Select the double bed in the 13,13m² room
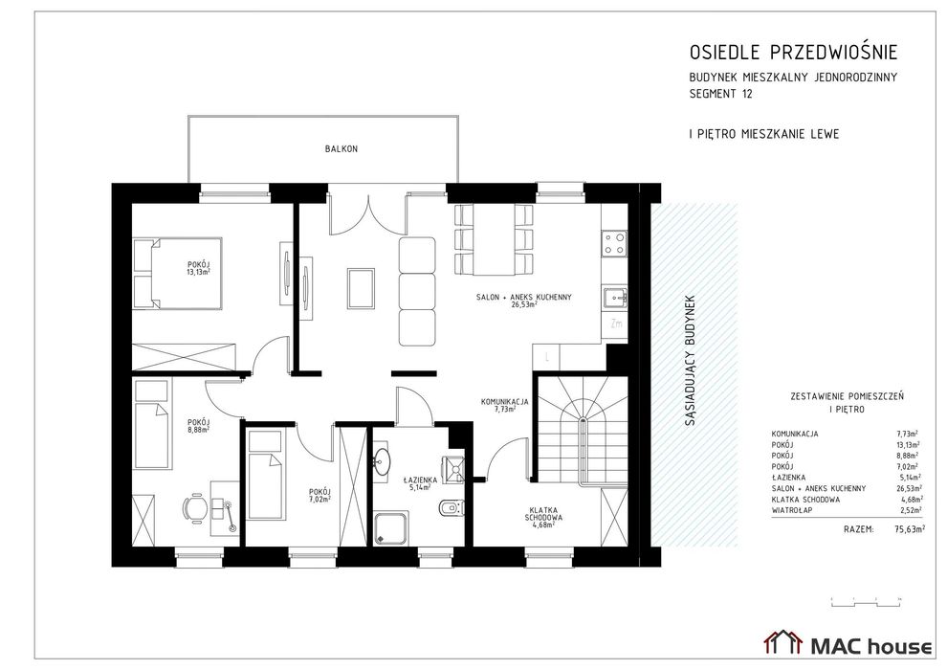tap(177, 273)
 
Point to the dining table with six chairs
tap(493, 236)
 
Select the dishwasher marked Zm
tap(616, 324)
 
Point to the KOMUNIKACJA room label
tap(505, 403)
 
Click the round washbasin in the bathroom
tap(384, 460)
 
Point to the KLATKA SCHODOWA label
tap(542, 515)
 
